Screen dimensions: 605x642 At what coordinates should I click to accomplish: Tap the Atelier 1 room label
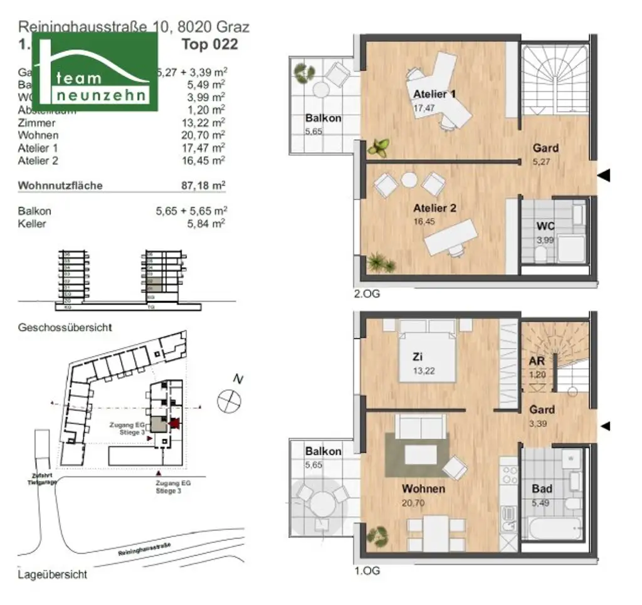click(x=434, y=95)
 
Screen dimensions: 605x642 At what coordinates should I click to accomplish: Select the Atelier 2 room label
click(x=434, y=208)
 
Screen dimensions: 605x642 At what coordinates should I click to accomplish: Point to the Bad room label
click(x=542, y=488)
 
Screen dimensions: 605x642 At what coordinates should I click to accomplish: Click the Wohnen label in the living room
click(x=424, y=489)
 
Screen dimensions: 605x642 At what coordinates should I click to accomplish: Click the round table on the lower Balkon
click(x=324, y=502)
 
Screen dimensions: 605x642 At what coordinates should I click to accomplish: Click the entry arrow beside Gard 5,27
click(x=603, y=176)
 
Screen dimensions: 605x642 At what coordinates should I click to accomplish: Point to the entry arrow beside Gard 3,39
click(x=605, y=426)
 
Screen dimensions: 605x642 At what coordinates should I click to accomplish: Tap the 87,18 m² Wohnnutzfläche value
click(x=203, y=186)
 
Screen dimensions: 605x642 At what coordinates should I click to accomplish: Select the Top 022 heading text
click(x=209, y=45)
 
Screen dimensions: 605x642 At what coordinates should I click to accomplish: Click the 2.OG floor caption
click(x=367, y=292)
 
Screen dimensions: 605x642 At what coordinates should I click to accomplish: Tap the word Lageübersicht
click(x=53, y=574)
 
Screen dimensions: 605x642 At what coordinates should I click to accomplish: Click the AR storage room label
click(x=536, y=362)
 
